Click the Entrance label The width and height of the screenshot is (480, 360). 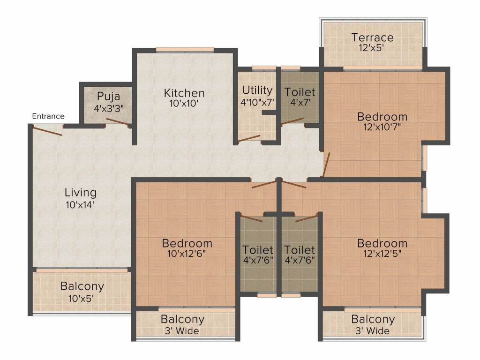point(48,116)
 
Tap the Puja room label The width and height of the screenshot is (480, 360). point(109,97)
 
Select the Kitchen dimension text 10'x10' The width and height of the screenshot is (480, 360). point(184,104)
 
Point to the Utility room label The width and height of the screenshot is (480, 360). point(257,90)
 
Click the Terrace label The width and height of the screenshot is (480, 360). point(372,37)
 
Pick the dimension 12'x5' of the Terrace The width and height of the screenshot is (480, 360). point(372,48)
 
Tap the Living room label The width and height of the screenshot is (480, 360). point(81,193)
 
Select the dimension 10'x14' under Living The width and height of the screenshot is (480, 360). point(80,204)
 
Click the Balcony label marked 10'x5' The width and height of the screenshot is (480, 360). point(82,286)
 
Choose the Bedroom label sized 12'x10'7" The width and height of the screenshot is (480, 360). point(382,117)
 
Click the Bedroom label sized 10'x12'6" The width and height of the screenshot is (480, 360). point(187,243)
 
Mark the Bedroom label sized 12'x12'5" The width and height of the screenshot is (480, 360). point(382,243)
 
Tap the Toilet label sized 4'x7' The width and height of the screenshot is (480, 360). point(300,92)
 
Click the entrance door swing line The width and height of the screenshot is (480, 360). point(47,130)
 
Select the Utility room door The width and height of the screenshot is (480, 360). point(249,138)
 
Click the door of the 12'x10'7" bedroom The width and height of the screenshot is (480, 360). point(326,165)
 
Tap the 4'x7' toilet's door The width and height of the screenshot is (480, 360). point(292,121)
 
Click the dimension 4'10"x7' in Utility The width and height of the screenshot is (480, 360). point(257,102)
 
